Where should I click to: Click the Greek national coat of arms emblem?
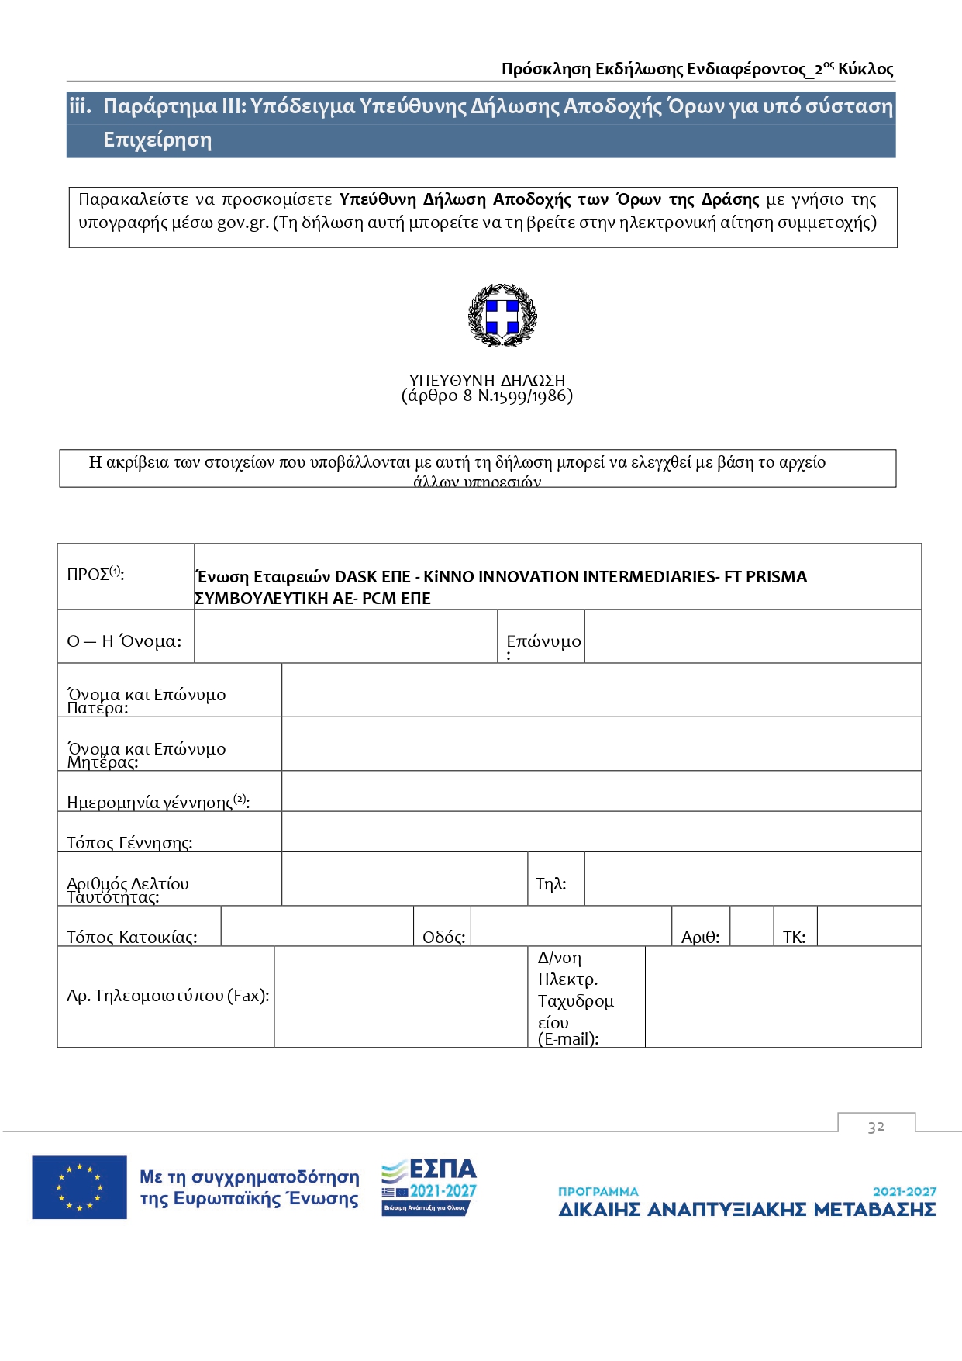[x=502, y=315]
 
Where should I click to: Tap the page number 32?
[x=876, y=1127]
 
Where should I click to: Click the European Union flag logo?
[x=79, y=1187]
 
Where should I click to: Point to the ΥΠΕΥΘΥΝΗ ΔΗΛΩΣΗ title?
[x=487, y=380]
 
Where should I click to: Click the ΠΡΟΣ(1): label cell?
[x=95, y=575]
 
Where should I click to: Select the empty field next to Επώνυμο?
[x=752, y=637]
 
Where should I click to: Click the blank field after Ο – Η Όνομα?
[x=345, y=637]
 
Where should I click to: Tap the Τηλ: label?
[x=551, y=884]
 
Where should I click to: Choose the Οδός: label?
[x=443, y=937]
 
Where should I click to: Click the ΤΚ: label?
[x=794, y=937]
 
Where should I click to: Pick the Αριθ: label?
[x=700, y=937]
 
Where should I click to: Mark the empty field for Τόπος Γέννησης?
[x=601, y=832]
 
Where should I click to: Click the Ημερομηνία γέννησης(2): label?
[x=158, y=802]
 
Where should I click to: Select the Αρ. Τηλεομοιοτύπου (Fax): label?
[x=167, y=996]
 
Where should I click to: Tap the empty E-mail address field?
[x=783, y=997]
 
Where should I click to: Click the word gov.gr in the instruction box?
[x=242, y=223]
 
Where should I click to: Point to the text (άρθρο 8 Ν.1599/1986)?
[x=487, y=396]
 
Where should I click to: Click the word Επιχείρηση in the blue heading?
[x=157, y=140]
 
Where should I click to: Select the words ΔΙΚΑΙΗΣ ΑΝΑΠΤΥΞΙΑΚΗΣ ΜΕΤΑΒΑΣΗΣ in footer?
[x=746, y=1210]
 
